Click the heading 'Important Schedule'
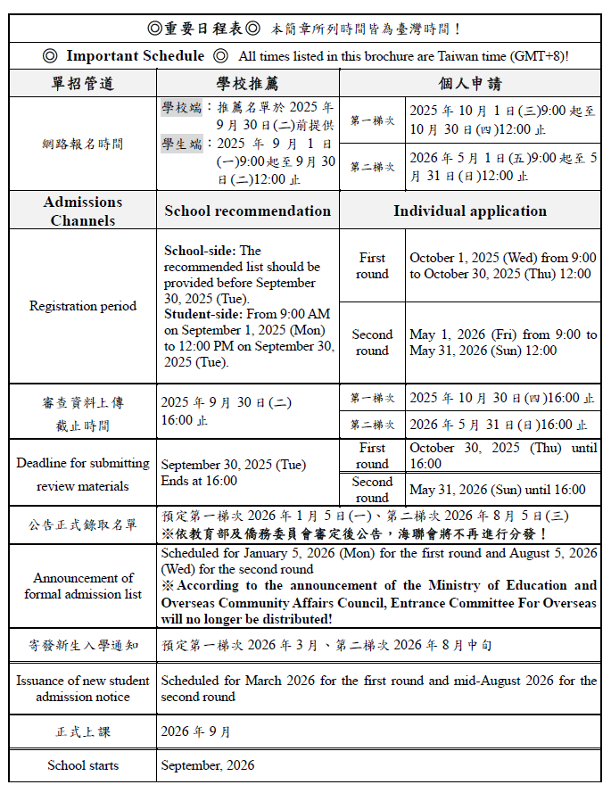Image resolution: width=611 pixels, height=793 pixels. click(x=135, y=56)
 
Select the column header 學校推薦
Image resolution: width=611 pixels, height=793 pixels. click(x=247, y=84)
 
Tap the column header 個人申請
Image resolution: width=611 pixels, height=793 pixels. click(x=470, y=84)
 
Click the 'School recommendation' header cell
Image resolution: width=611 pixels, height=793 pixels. click(x=247, y=211)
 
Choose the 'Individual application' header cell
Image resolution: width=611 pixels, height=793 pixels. click(x=470, y=211)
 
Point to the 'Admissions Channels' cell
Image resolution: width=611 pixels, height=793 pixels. click(x=83, y=211)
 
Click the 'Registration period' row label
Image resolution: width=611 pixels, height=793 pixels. click(x=83, y=306)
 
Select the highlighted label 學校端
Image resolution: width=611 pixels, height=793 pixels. click(x=181, y=108)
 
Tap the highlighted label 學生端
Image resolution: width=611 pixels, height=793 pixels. click(x=181, y=144)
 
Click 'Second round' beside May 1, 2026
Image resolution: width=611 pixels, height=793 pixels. click(x=372, y=343)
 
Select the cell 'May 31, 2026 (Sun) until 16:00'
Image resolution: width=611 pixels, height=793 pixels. click(x=498, y=490)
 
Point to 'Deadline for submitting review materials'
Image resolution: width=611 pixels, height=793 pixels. click(x=83, y=475)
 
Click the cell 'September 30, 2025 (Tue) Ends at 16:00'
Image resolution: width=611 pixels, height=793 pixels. click(x=234, y=473)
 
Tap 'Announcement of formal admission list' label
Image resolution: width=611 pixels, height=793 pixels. click(x=83, y=586)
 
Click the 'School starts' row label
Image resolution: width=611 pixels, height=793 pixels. click(x=83, y=765)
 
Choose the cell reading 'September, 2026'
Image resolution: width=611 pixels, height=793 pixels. click(x=208, y=765)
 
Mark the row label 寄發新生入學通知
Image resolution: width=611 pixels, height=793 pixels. click(x=83, y=644)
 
